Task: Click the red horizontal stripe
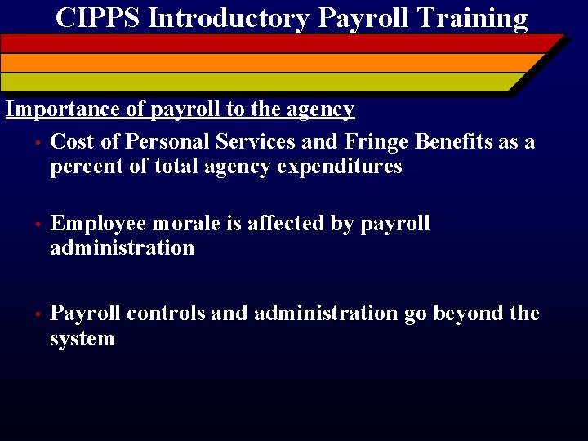(278, 43)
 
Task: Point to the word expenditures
(340, 167)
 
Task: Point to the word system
(82, 339)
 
